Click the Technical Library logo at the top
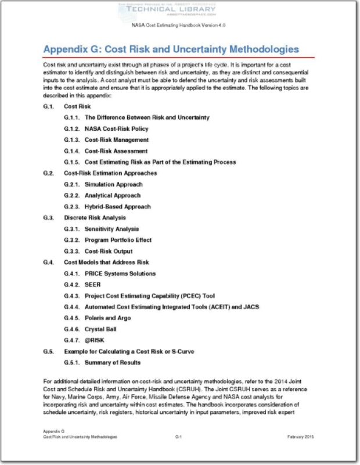pyautogui.click(x=179, y=10)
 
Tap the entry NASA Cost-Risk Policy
pyautogui.click(x=116, y=128)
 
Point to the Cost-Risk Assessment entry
pyautogui.click(x=116, y=151)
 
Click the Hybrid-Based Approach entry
pyautogui.click(x=117, y=206)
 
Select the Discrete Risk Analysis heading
pyautogui.click(x=95, y=218)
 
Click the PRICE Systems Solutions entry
pyautogui.click(x=120, y=273)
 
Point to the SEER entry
pyautogui.click(x=92, y=284)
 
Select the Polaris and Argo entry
pyautogui.click(x=107, y=318)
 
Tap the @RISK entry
pyautogui.click(x=95, y=340)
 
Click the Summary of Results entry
pyautogui.click(x=113, y=363)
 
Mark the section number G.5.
pyautogui.click(x=48, y=352)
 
